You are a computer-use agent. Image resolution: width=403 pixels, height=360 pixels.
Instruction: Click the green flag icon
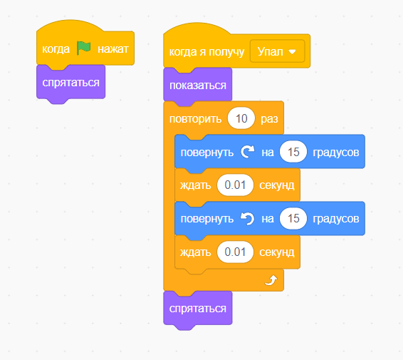click(84, 48)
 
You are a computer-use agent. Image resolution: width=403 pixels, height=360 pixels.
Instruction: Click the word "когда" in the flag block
click(56, 49)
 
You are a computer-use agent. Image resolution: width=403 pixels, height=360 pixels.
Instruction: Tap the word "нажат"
click(112, 49)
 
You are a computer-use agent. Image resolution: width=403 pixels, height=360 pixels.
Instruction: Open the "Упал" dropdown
click(277, 51)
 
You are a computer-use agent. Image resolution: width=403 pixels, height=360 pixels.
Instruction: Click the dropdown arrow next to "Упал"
click(292, 52)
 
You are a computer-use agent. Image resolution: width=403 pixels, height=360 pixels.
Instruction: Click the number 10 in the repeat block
click(241, 118)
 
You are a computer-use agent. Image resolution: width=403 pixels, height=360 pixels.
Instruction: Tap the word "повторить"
click(195, 119)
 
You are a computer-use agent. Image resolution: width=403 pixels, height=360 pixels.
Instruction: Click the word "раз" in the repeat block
click(269, 119)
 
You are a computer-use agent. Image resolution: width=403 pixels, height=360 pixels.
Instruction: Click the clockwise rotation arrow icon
click(248, 152)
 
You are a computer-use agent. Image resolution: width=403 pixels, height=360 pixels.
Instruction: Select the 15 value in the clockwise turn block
click(293, 152)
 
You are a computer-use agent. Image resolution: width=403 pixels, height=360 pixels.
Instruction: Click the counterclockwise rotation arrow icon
click(247, 218)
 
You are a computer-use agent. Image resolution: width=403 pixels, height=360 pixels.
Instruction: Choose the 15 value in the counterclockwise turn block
click(293, 218)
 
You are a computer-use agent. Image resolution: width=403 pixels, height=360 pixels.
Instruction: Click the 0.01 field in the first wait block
click(235, 185)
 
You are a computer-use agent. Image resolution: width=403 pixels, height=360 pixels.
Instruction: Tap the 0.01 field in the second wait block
click(235, 252)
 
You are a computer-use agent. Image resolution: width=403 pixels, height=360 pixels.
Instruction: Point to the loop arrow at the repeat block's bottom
click(271, 280)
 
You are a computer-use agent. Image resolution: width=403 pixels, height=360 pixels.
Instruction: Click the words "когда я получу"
click(206, 52)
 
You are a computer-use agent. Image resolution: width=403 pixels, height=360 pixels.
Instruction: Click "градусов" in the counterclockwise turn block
click(335, 219)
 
